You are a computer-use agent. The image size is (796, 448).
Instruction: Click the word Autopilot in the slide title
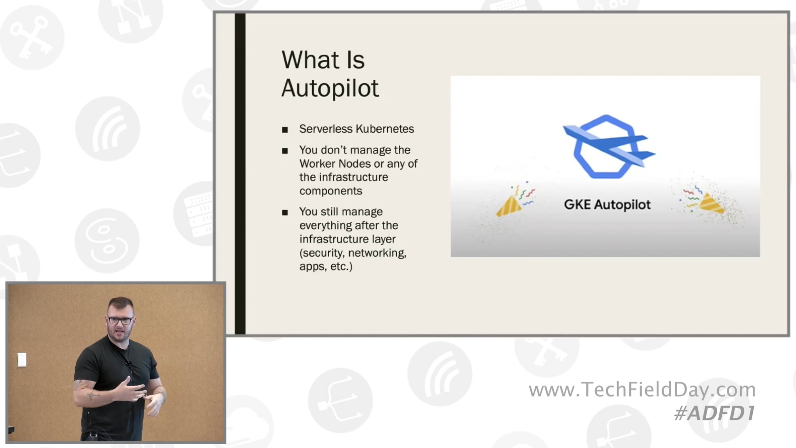[x=330, y=88]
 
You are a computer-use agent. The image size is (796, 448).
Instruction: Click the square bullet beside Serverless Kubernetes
[x=285, y=130]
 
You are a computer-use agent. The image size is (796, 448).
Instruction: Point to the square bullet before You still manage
[x=285, y=212]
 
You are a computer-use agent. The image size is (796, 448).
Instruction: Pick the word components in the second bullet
[x=331, y=191]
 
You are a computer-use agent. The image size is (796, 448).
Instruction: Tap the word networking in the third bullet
[x=377, y=253]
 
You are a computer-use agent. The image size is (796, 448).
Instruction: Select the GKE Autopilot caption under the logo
[x=607, y=204]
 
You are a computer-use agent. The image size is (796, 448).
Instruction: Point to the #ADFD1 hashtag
[x=715, y=413]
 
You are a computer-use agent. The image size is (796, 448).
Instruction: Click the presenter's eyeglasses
[x=120, y=321]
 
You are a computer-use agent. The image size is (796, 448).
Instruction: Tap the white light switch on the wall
[x=22, y=360]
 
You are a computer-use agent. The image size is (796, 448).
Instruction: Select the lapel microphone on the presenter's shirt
[x=128, y=364]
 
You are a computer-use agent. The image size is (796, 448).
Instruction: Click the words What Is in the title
[x=323, y=60]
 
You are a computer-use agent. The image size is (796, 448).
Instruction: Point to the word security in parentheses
[x=322, y=253]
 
